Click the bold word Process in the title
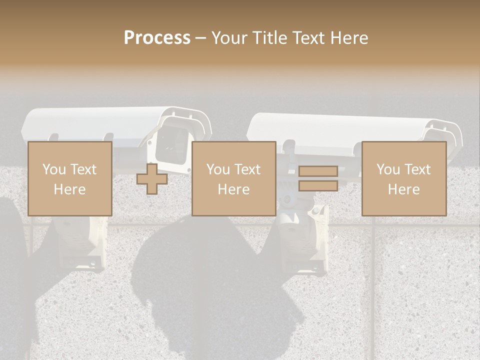157,38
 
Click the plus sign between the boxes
152,179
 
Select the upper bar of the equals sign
318,171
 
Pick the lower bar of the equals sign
318,185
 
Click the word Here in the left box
69,189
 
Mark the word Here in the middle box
233,189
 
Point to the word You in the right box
388,169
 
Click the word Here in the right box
403,189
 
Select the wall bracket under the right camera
300,240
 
